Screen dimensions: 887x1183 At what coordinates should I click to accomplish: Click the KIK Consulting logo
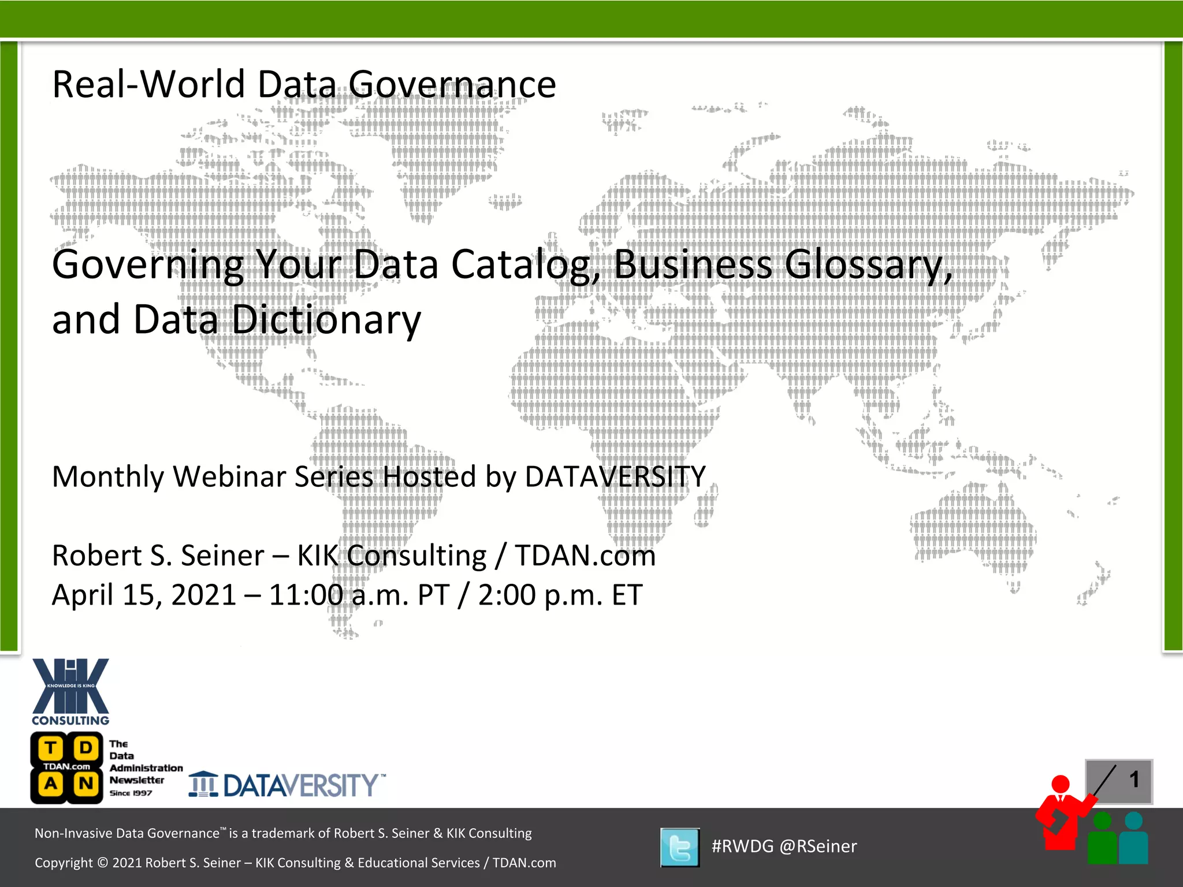pos(70,691)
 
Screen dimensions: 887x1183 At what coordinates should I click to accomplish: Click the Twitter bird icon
pos(680,847)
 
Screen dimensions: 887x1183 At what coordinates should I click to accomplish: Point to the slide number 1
pos(1134,780)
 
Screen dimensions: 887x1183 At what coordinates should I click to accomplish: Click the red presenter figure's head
pos(1061,785)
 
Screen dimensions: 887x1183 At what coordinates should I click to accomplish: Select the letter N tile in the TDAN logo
pos(85,784)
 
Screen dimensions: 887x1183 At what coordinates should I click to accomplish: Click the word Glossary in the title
pos(869,265)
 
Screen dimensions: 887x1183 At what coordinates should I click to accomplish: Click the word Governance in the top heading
pos(452,84)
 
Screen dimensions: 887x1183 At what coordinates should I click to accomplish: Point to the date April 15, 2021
pos(144,595)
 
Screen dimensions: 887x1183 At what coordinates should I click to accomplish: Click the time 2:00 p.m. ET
pos(560,595)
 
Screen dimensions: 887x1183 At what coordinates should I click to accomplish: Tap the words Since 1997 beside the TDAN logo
pos(131,793)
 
